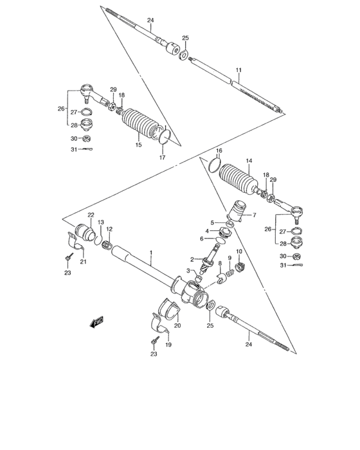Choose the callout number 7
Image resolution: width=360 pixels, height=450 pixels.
(x=254, y=215)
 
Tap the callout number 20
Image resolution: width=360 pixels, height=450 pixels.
(x=178, y=325)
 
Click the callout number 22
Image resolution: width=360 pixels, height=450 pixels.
(x=91, y=215)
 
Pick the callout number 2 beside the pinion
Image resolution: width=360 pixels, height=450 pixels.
(x=192, y=260)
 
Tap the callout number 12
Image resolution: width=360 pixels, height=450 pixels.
(x=109, y=229)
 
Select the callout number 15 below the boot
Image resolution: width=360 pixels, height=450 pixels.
(x=137, y=146)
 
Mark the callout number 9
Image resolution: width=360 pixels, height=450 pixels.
(x=230, y=257)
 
